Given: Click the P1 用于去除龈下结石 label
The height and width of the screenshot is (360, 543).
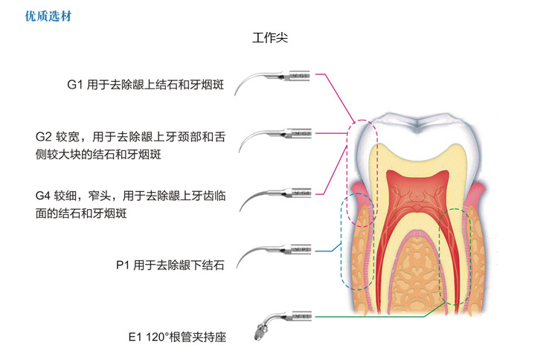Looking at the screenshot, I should click(170, 263).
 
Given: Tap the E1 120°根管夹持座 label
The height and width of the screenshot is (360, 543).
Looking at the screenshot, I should click(176, 337).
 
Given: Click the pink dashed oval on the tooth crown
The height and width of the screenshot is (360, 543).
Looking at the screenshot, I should click(364, 156).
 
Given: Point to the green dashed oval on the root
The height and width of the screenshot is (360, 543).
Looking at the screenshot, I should click(454, 257).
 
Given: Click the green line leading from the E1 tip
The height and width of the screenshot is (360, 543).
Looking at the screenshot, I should click(372, 318).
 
